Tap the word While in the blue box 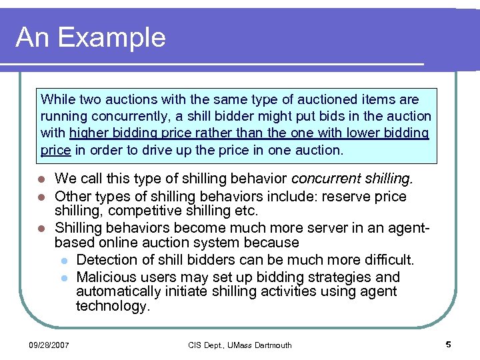pos(58,100)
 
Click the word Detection pos(108,259)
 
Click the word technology pos(112,306)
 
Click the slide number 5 pos(448,345)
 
